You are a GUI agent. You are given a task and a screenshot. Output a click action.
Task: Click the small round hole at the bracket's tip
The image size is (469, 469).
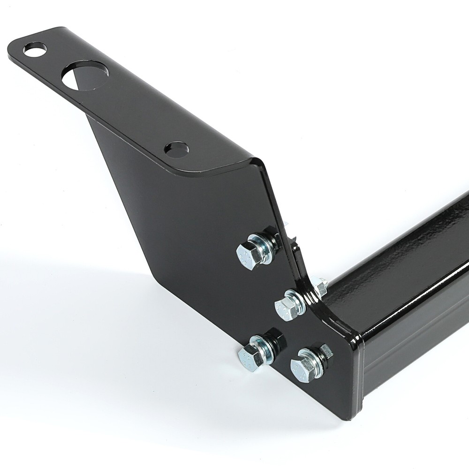click(35, 49)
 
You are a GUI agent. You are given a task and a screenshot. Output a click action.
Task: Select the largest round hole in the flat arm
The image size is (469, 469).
click(85, 77)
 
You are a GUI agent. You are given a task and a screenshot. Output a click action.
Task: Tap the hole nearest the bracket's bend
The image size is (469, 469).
click(176, 149)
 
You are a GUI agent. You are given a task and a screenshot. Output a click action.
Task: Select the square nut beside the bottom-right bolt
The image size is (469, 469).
click(325, 352)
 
